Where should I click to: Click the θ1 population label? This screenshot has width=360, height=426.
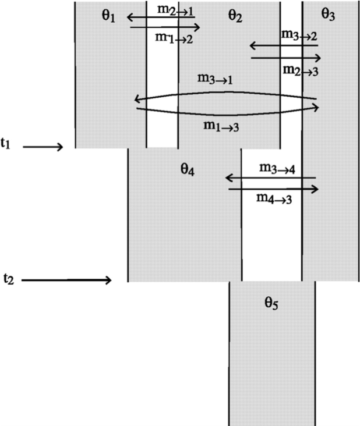point(108,16)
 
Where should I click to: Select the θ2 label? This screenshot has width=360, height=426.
point(234,16)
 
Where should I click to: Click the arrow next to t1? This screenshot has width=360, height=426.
point(43,147)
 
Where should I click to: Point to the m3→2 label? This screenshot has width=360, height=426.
point(299,35)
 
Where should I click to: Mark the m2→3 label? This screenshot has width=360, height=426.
point(301,70)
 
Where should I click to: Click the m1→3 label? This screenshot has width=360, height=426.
point(221,127)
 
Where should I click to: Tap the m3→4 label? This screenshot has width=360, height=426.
point(277,169)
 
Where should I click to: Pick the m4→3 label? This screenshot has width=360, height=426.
point(274,198)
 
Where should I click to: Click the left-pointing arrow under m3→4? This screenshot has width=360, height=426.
point(270,178)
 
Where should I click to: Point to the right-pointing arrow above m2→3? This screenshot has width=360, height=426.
point(286,58)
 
